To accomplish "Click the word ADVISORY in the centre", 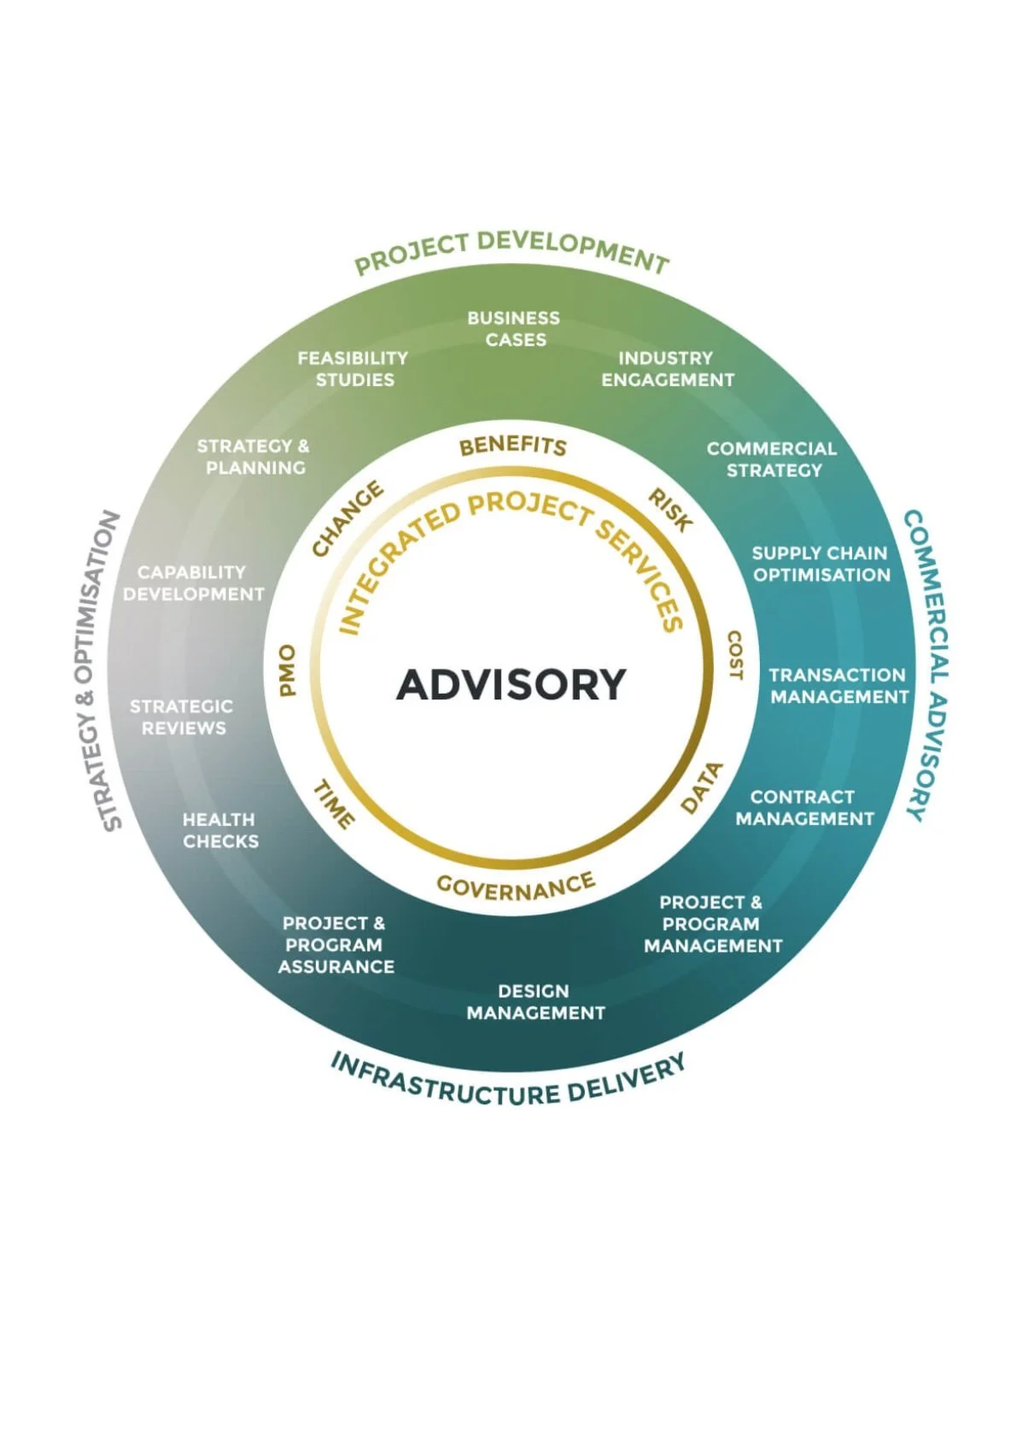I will [x=511, y=684].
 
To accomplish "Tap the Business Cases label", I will [x=514, y=329].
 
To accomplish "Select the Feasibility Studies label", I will [x=354, y=369].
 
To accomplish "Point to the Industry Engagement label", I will [x=667, y=369].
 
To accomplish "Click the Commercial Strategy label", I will [x=772, y=459].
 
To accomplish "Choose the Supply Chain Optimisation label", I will [x=821, y=564].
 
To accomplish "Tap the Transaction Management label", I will [x=839, y=686].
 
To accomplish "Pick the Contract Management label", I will [x=804, y=808].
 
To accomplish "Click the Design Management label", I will [x=535, y=1002].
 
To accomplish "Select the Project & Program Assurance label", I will [x=336, y=945].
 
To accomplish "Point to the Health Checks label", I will [x=219, y=830].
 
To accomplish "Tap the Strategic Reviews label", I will [x=182, y=717].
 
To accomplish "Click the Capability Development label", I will [x=193, y=583].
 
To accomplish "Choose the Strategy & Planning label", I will [x=254, y=457].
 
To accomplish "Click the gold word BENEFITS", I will [x=512, y=446].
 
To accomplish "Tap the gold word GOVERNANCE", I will [x=515, y=887].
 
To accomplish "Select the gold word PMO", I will [x=288, y=670].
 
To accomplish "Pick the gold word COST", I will [x=734, y=656].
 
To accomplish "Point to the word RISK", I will [x=669, y=510].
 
